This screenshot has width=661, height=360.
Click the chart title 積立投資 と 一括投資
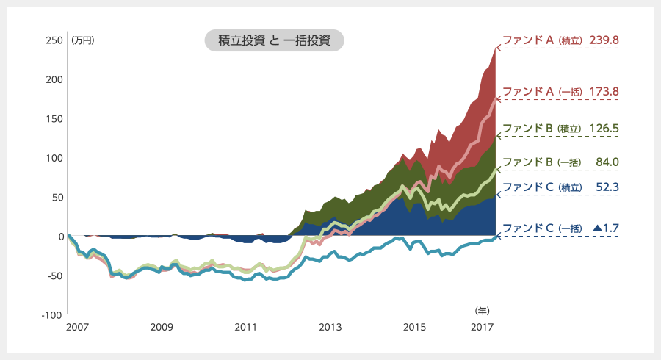275,40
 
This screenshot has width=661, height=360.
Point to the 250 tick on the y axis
54,40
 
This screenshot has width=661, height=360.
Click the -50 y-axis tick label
54,276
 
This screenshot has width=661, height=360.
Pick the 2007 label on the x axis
77,326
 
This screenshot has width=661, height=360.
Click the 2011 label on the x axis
246,326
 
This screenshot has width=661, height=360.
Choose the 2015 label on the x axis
415,326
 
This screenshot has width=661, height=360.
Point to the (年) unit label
482,311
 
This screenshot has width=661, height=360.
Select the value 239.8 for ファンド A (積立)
604,40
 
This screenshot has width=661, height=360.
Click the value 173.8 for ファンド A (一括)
604,92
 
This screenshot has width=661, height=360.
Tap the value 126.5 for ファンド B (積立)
604,128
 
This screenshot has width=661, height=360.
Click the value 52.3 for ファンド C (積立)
607,187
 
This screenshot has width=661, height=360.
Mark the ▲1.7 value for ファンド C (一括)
605,228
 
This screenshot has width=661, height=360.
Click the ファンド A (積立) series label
542,40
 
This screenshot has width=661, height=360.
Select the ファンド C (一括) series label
542,228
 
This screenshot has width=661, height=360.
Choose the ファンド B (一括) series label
542,162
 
